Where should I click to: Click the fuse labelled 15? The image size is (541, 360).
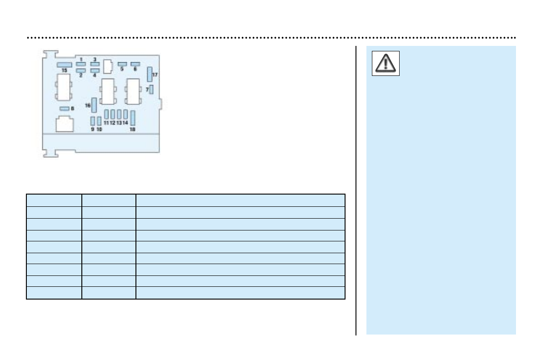(65, 65)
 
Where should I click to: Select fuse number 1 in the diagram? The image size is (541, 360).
(80, 65)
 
